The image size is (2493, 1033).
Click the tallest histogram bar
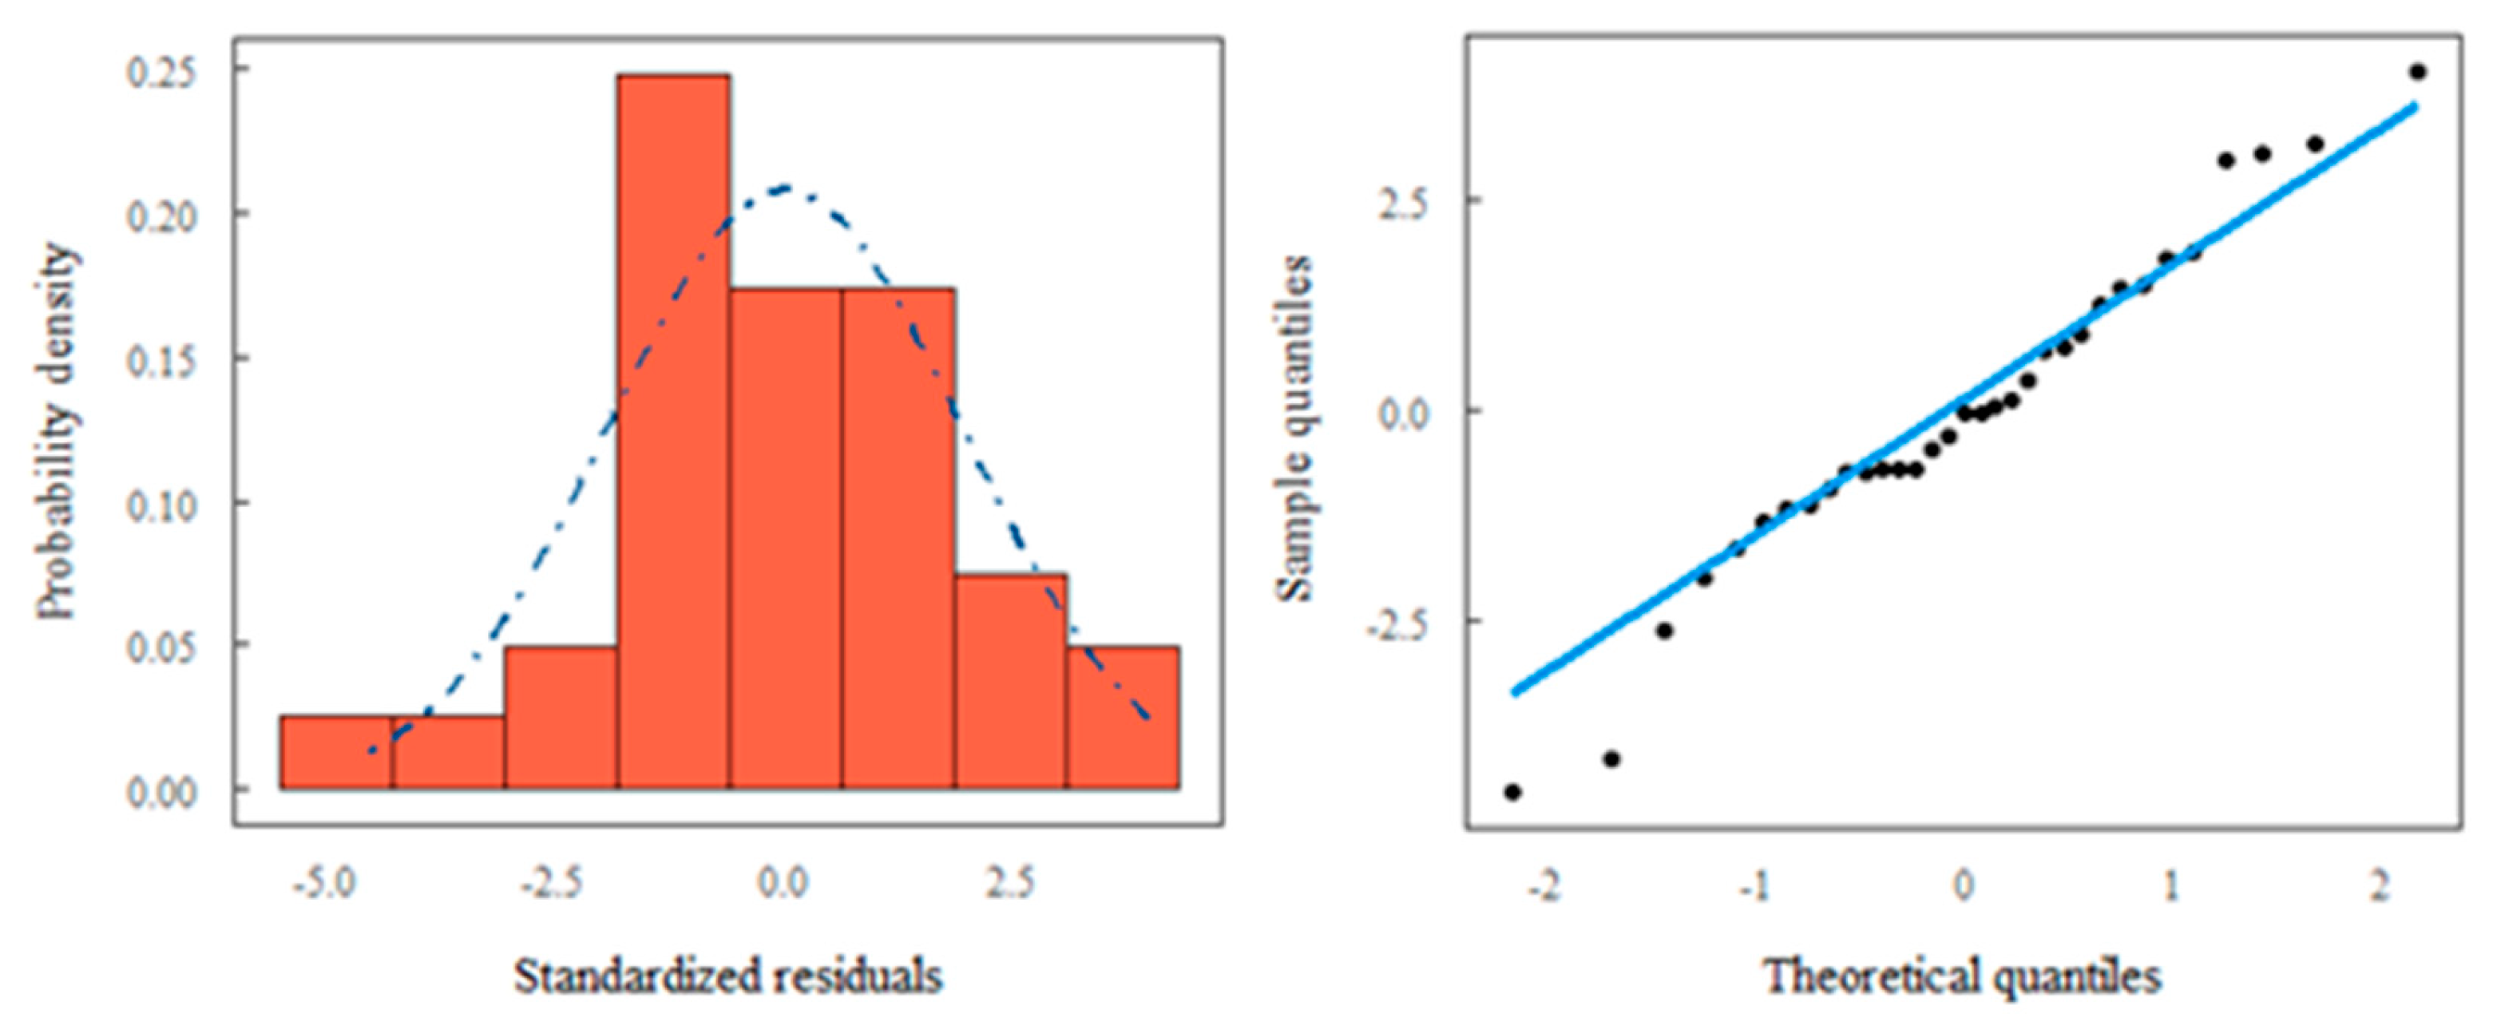tap(674, 430)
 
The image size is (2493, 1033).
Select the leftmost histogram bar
tap(336, 753)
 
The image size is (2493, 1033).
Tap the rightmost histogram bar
tap(1123, 717)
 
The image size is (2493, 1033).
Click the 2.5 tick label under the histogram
tap(1009, 883)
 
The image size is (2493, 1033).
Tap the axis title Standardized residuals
tap(727, 976)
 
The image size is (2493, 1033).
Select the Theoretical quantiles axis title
tap(1963, 976)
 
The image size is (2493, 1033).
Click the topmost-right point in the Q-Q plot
tap(2417, 72)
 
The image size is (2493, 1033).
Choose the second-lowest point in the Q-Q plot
tap(1611, 759)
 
